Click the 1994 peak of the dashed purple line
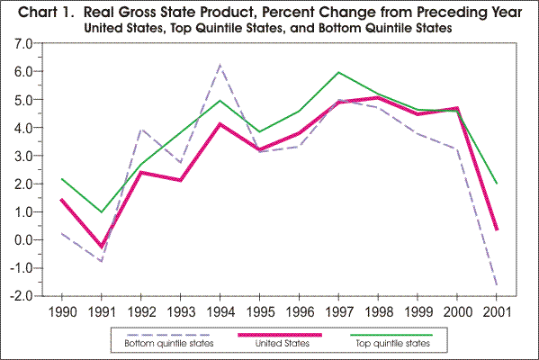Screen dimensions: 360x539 [220, 65]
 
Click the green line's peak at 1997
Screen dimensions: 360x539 [338, 72]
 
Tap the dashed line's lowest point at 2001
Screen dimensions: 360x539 [497, 285]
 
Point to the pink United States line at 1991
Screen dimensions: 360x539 [102, 247]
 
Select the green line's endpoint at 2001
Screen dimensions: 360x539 [497, 184]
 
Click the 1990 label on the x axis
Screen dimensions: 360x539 [62, 311]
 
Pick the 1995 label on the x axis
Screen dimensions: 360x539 [259, 311]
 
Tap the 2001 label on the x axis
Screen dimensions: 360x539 [497, 311]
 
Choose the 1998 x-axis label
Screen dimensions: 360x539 [378, 311]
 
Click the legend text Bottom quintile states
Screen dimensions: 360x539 [166, 343]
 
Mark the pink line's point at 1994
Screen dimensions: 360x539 [220, 124]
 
